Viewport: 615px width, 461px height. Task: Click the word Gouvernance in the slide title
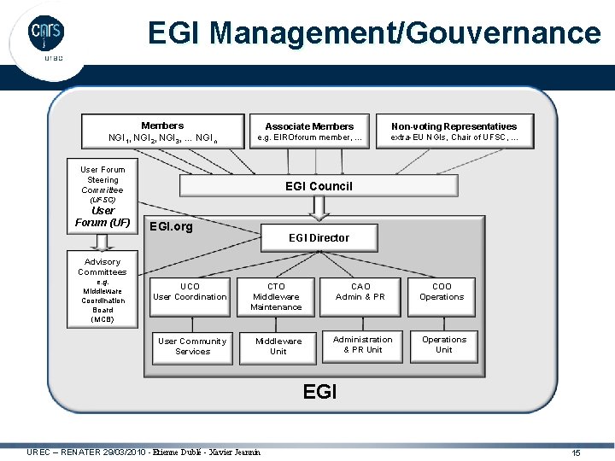504,33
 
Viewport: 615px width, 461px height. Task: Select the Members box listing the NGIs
162,131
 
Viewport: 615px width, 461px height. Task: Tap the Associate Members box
309,131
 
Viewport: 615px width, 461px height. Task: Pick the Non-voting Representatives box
454,131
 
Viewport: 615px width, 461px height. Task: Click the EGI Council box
318,186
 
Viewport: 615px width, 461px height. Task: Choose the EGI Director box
319,237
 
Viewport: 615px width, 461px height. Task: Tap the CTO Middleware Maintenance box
276,296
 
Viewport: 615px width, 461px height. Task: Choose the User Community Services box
192,346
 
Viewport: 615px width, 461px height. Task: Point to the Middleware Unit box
278,346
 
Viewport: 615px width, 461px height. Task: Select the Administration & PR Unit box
362,344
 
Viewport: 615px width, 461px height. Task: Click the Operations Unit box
444,344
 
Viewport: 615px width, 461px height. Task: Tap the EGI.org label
171,226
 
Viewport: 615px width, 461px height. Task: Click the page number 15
576,452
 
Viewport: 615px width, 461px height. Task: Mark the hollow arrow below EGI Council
319,207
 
